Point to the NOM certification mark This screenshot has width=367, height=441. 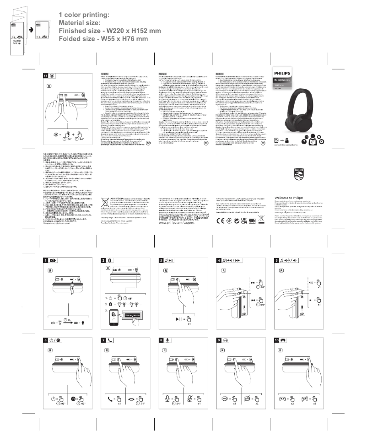pyautogui.click(x=252, y=205)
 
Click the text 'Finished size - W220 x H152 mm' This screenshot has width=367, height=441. pyautogui.click(x=109, y=30)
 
